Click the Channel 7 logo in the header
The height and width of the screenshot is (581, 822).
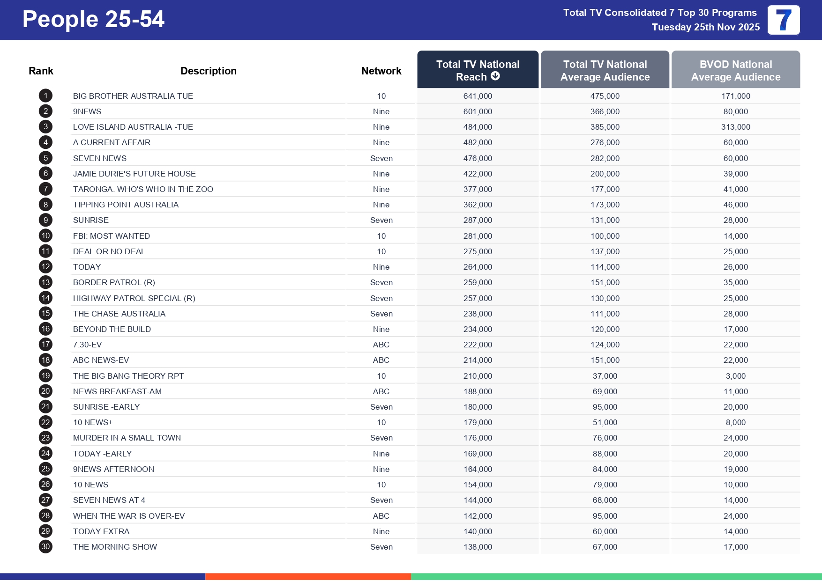783,20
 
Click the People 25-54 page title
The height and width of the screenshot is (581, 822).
93,20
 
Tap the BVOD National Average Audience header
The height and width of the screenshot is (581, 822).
735,70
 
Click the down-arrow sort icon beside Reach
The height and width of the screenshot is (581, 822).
495,76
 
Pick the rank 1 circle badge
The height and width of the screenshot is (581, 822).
45,96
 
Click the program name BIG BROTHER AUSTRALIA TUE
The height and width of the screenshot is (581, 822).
133,96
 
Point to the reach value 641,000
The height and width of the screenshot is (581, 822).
478,96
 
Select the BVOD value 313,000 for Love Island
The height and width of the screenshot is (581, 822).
735,127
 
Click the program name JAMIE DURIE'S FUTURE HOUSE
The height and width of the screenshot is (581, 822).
135,174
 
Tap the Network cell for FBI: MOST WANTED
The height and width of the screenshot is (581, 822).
381,236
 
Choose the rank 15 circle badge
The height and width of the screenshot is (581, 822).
45,314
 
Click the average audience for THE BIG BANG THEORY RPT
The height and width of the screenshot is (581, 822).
605,376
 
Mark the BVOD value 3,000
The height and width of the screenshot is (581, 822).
735,376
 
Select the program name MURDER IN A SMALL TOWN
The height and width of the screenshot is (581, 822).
127,438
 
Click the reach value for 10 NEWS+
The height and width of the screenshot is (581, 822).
478,422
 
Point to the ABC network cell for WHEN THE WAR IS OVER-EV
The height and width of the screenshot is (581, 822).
381,516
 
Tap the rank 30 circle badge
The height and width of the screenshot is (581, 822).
45,547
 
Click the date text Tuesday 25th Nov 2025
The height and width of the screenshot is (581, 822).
705,27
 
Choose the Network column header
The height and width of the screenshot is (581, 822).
381,71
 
